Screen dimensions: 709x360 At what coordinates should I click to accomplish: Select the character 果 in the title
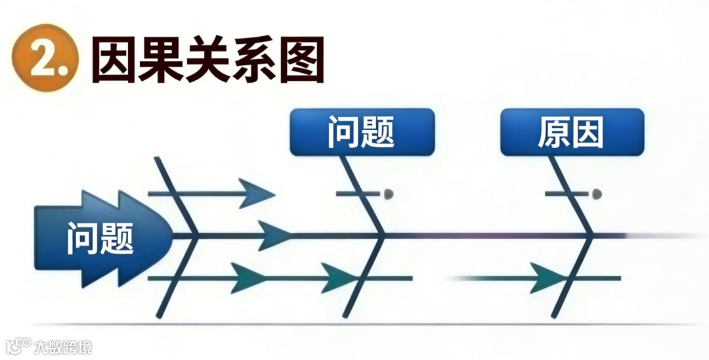(161, 60)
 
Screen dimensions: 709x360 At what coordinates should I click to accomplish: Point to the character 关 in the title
(208, 60)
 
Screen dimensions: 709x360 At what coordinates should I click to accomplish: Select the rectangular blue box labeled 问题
(362, 132)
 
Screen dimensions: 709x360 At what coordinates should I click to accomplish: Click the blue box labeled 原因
(572, 132)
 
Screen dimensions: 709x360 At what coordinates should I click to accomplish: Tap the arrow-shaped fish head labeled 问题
(102, 237)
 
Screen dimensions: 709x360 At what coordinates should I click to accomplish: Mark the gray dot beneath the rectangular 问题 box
(389, 194)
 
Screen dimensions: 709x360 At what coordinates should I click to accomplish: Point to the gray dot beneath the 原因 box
(597, 194)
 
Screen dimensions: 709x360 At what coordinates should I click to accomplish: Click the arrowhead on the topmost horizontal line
(257, 193)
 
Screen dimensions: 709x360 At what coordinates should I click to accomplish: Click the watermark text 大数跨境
(63, 346)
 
